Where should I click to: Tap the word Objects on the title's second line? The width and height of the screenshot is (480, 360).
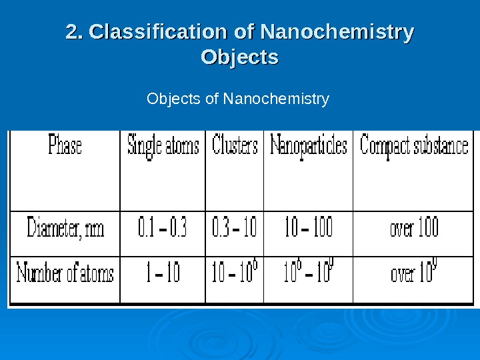coord(239,57)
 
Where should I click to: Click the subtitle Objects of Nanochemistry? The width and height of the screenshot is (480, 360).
coord(238,100)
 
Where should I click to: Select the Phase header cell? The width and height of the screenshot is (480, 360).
coord(65,146)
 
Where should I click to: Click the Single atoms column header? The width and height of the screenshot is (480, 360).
coord(163,146)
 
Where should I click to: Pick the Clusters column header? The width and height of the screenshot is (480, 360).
coord(235,146)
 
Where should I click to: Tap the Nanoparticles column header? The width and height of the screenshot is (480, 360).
coord(308,146)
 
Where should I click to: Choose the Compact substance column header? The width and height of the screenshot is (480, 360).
coord(414,146)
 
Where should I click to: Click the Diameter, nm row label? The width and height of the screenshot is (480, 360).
coord(65,229)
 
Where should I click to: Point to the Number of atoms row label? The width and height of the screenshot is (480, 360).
coord(65,273)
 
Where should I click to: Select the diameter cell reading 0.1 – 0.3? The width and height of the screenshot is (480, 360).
coord(162,229)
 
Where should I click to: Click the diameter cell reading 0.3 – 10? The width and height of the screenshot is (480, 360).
coord(234,229)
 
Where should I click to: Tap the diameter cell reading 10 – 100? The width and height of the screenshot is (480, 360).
coord(308,229)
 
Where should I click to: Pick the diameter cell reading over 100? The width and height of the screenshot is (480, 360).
coord(414,229)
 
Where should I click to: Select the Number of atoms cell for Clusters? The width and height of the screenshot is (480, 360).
coord(235,274)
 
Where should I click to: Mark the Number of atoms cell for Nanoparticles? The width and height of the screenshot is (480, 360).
coord(308,274)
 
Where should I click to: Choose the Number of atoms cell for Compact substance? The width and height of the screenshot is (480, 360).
coord(414,274)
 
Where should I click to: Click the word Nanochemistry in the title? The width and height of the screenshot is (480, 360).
coord(337,32)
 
